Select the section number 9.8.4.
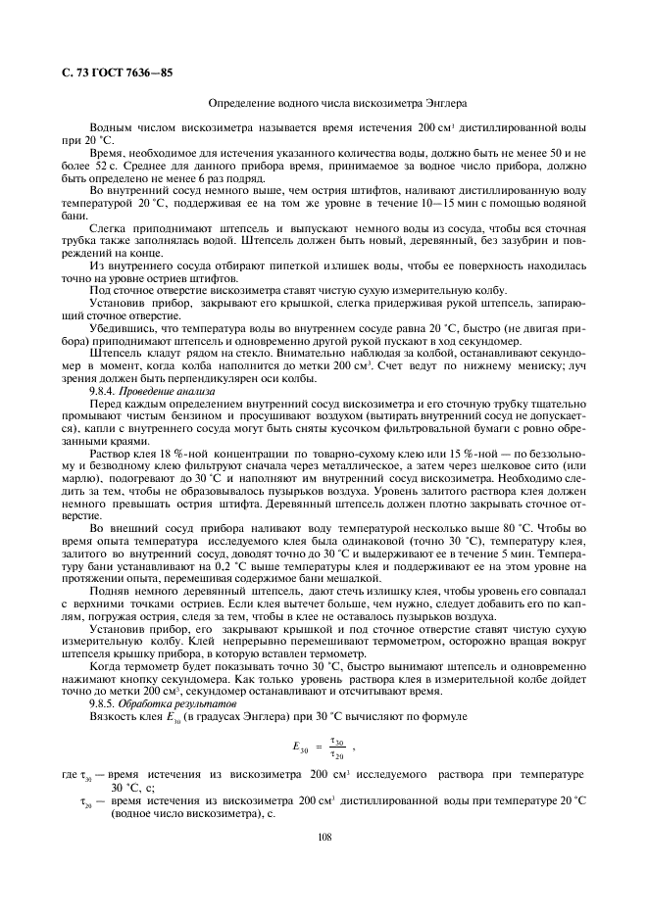coord(103,390)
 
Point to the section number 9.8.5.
coord(103,703)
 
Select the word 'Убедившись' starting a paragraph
coord(122,327)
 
